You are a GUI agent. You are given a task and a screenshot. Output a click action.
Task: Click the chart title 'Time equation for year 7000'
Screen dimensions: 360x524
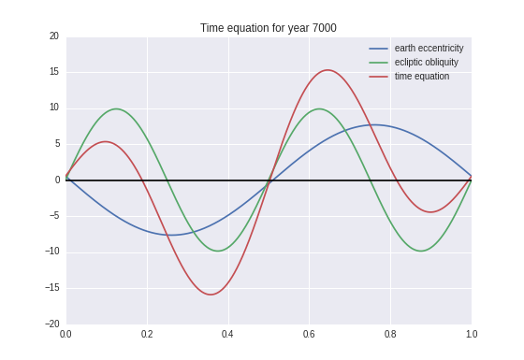(268, 28)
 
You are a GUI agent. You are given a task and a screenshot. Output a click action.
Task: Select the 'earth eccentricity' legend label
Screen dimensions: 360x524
(429, 48)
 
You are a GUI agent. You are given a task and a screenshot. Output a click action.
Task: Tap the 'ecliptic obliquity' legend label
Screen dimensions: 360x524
(426, 62)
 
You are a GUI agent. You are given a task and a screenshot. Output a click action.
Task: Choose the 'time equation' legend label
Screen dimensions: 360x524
(421, 76)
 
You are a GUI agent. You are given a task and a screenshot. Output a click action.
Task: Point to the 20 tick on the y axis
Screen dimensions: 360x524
(53, 36)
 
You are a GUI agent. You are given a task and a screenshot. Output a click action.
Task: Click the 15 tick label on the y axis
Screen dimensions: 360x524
(53, 72)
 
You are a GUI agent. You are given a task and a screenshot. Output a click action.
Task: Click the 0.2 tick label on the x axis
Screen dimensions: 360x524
(147, 334)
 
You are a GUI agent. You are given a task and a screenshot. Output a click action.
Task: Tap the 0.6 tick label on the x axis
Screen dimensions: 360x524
(309, 334)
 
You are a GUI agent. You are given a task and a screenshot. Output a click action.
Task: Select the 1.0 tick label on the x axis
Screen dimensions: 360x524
(471, 334)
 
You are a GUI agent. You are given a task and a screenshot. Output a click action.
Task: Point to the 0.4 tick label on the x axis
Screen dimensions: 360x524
(227, 334)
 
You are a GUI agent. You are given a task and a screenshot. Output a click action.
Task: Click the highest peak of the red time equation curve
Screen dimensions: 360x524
(327, 70)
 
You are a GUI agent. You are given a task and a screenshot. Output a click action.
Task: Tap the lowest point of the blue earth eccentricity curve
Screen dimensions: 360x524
(168, 235)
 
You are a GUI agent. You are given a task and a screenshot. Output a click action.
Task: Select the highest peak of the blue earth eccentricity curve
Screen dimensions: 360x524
(371, 124)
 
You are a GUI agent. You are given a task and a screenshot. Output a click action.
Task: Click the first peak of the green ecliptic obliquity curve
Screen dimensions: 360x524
(116, 108)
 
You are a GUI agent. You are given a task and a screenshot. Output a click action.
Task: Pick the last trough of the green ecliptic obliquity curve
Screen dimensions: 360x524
(420, 251)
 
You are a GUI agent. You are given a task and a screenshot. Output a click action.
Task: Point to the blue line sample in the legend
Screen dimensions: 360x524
(379, 48)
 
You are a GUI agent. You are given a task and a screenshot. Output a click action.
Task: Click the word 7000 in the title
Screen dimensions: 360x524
(321, 28)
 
